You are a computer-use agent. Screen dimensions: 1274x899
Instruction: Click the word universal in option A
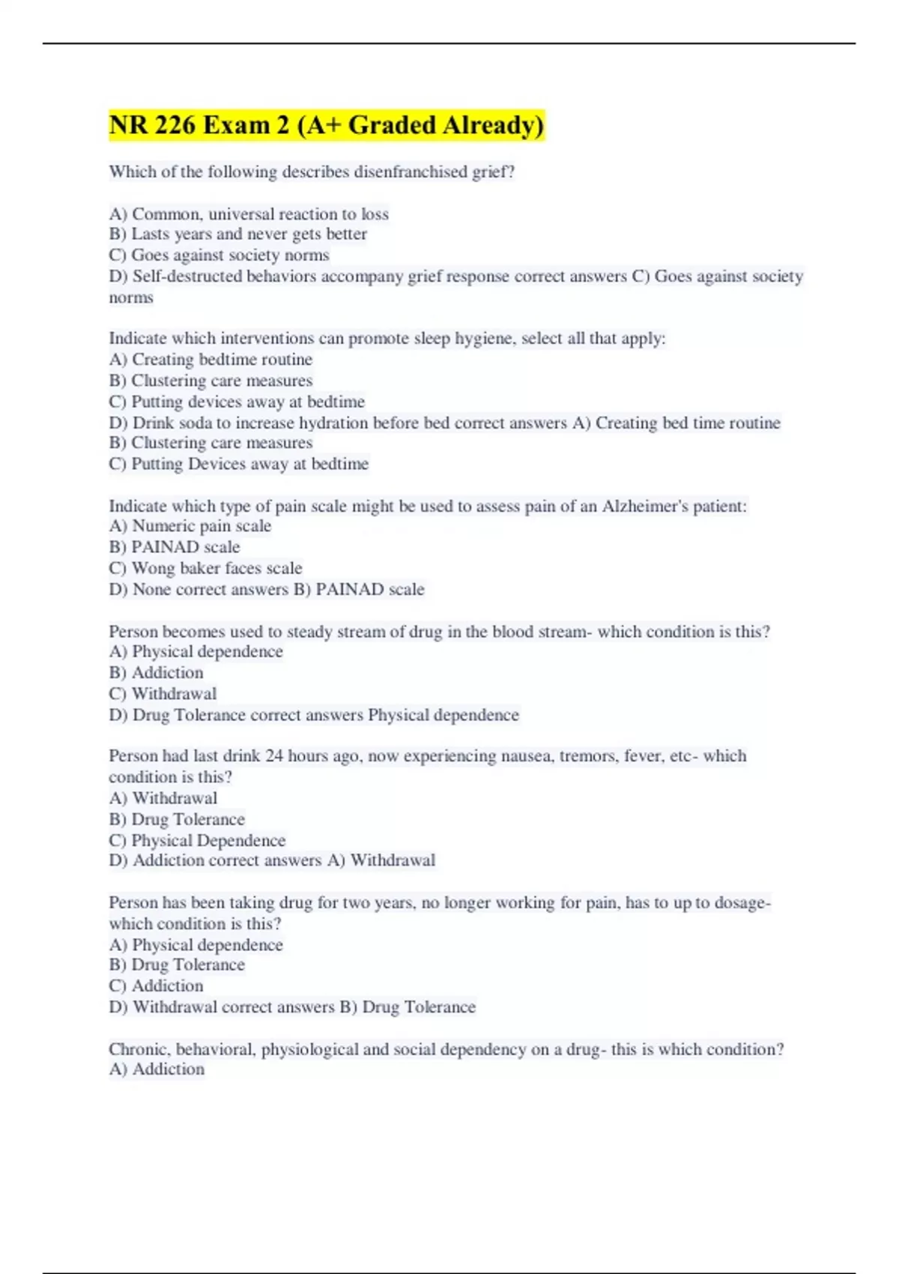239,214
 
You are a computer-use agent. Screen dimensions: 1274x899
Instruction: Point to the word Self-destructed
187,277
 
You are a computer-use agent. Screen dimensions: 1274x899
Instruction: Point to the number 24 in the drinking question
274,756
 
